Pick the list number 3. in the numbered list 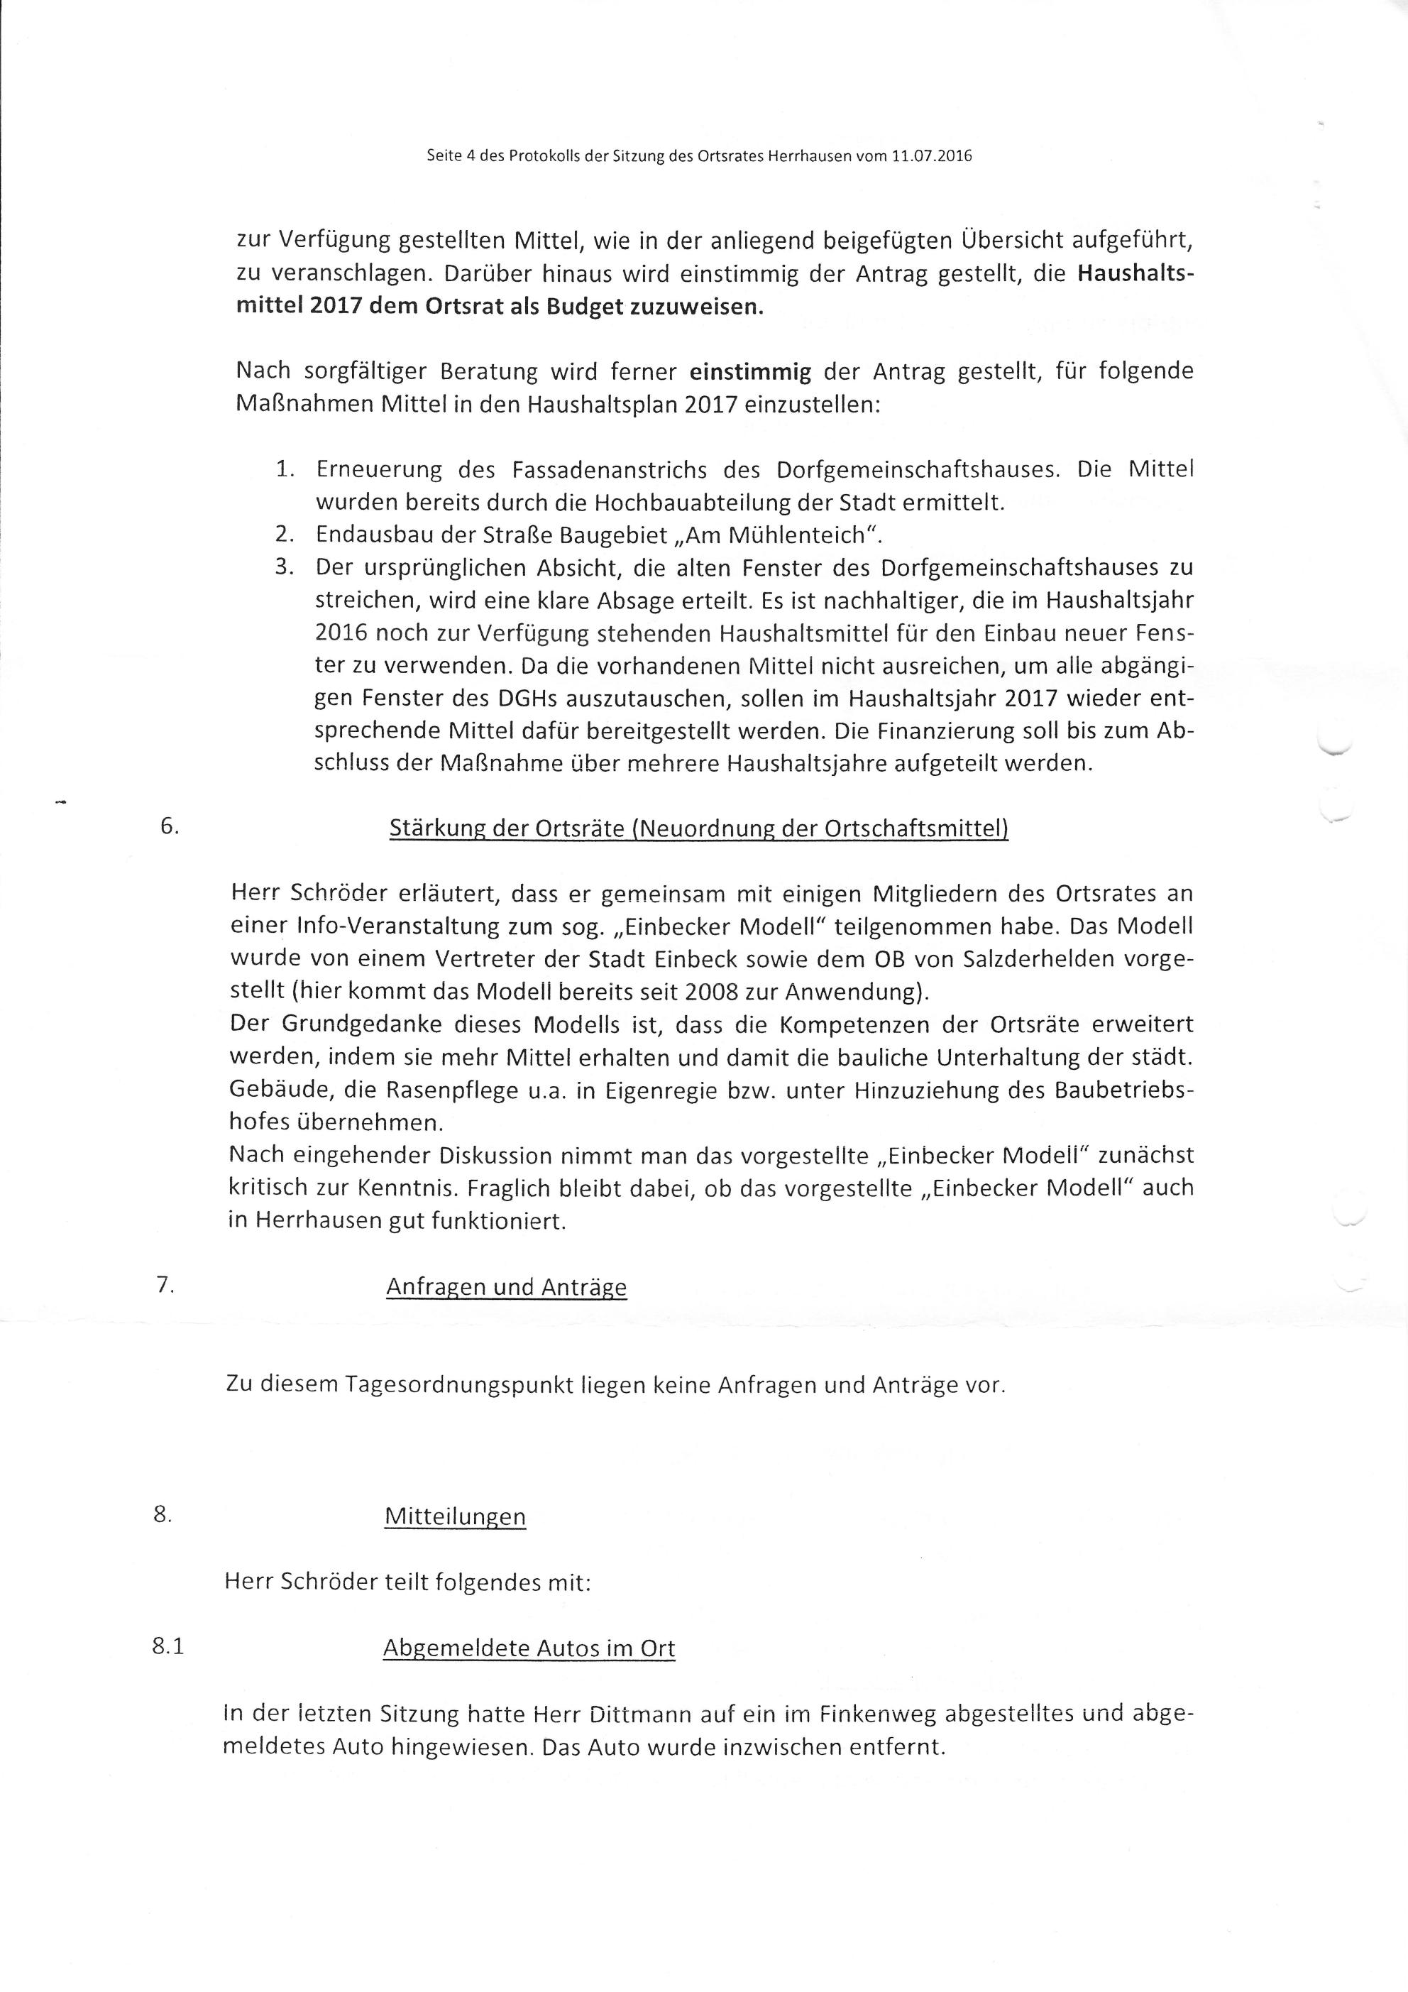tap(285, 568)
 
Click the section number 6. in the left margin tap(169, 827)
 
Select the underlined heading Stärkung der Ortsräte tap(698, 828)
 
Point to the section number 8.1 tap(168, 1647)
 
